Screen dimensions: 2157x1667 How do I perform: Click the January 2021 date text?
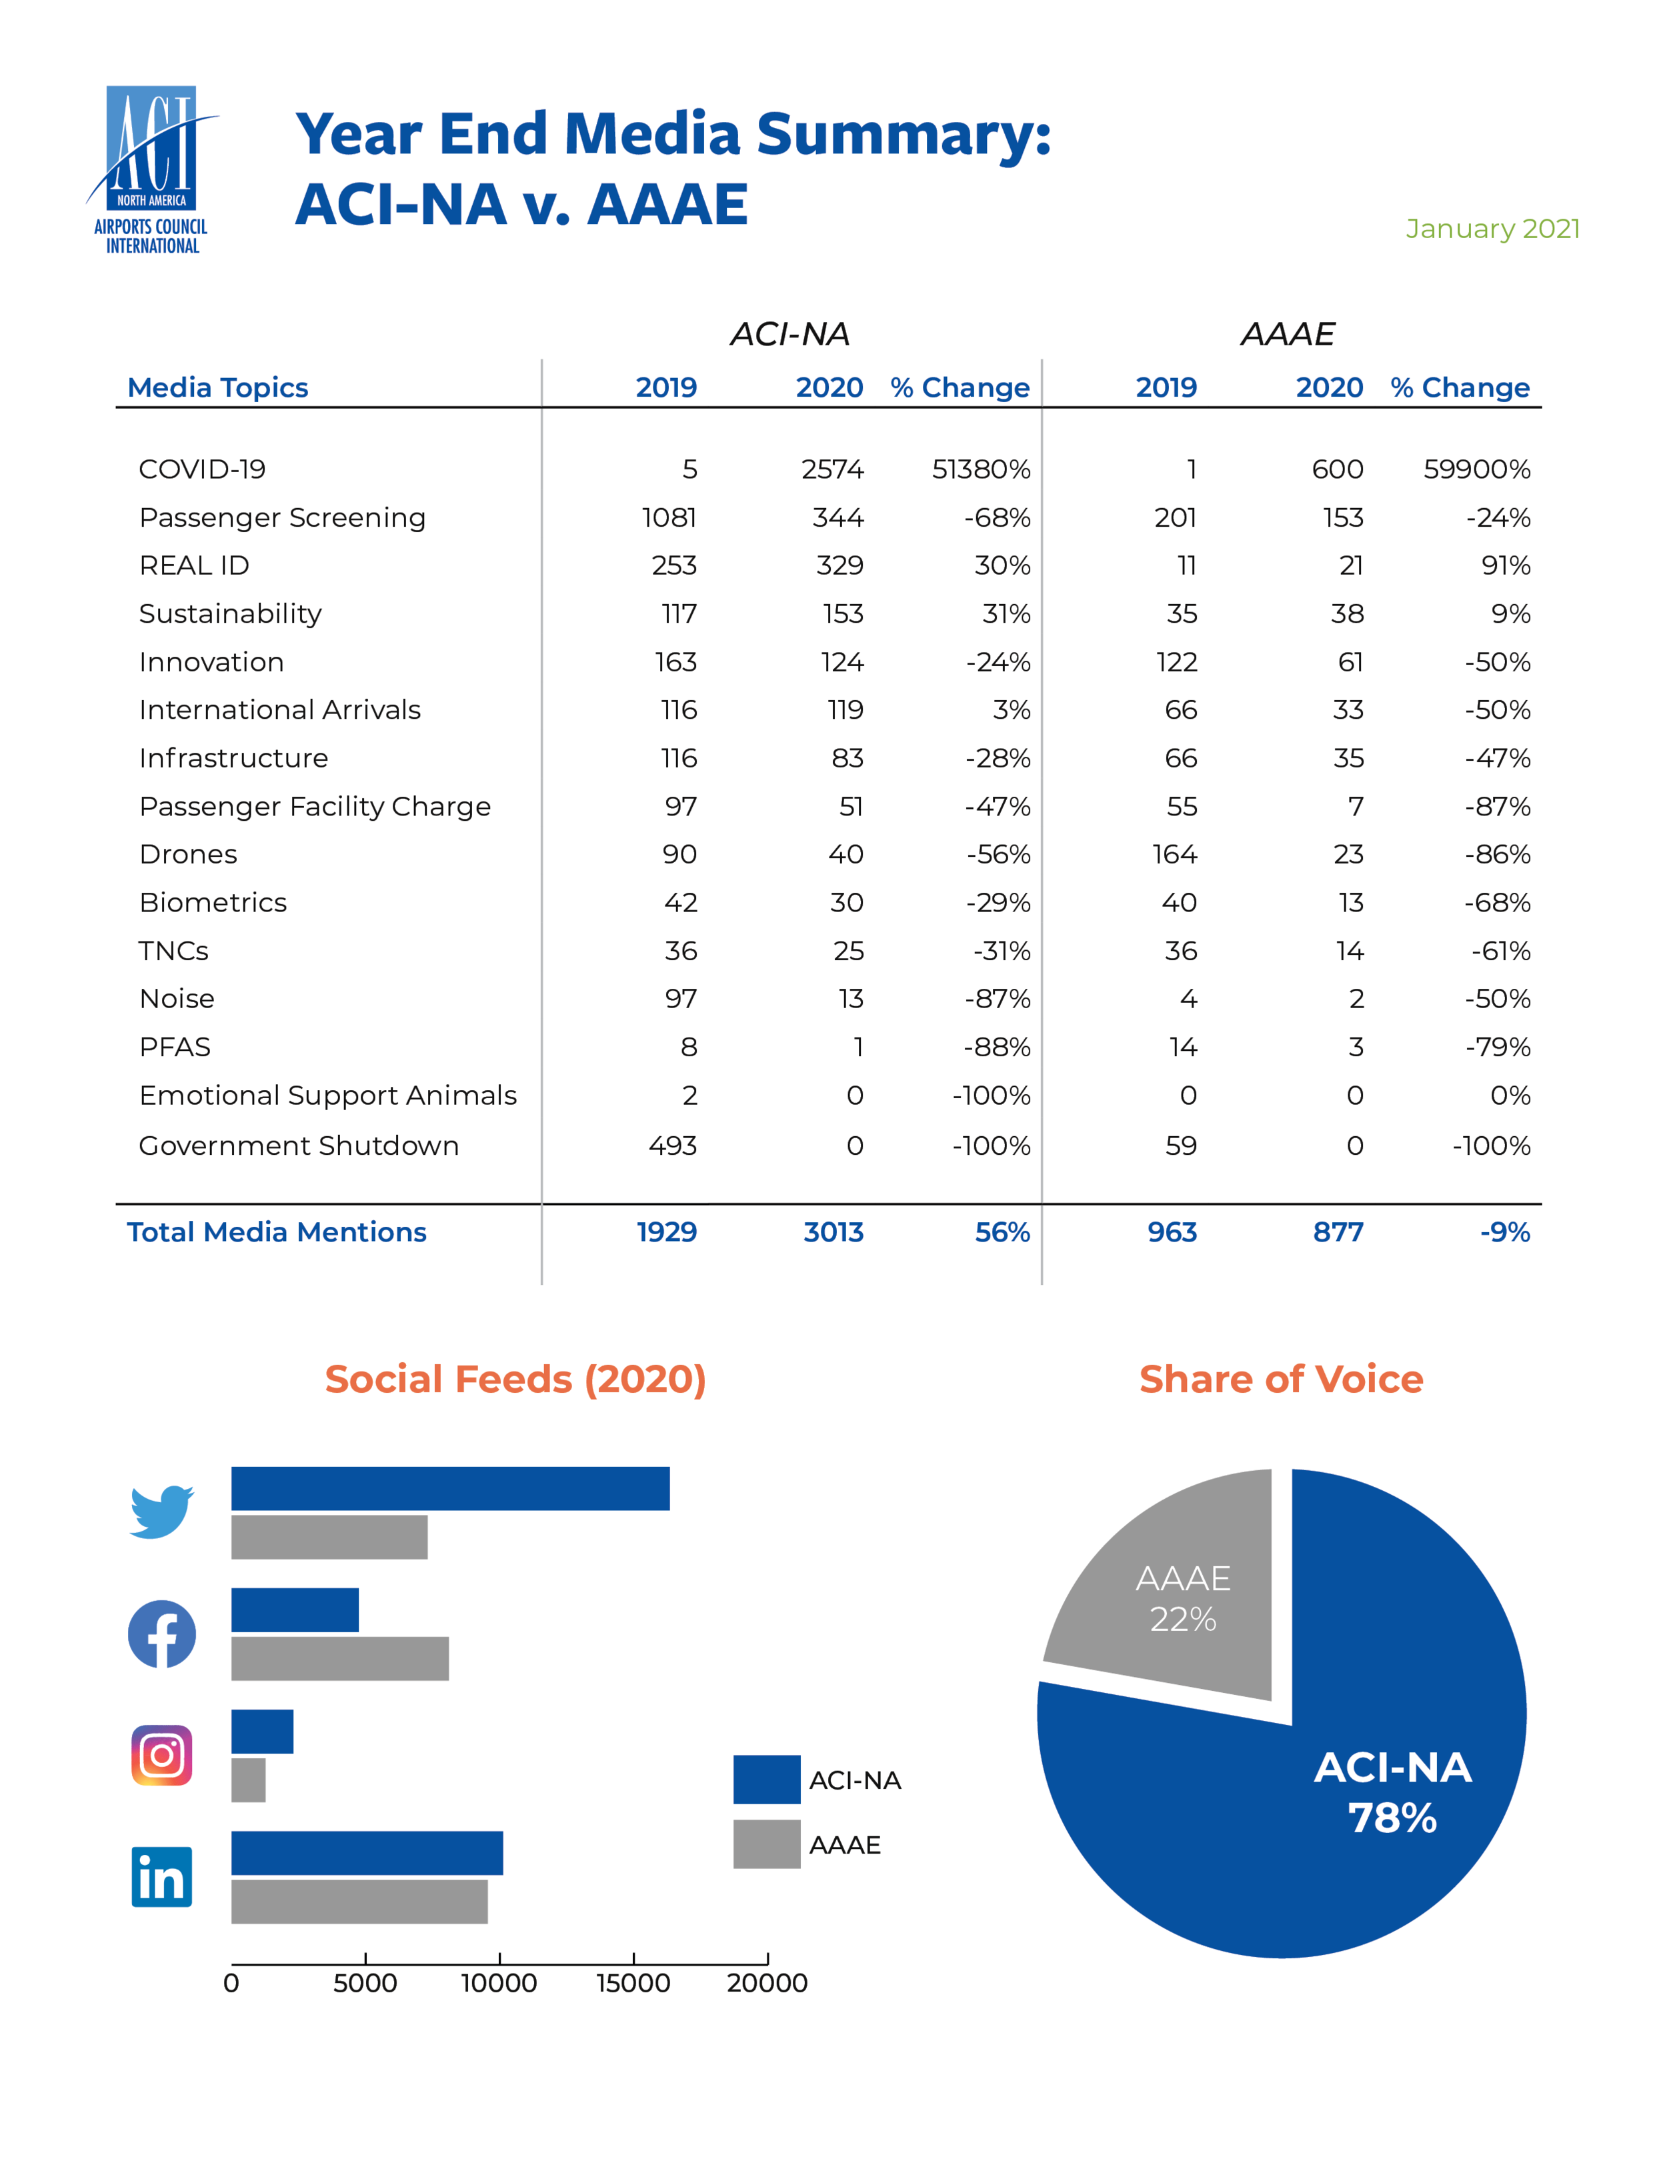point(1492,229)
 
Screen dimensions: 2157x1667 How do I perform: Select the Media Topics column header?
point(218,387)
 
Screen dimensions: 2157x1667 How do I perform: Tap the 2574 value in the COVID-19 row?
point(833,469)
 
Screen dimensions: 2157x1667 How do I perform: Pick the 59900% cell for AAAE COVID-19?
point(1476,469)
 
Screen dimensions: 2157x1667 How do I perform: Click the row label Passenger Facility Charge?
point(315,807)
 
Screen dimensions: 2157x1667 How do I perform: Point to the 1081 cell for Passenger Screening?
point(669,517)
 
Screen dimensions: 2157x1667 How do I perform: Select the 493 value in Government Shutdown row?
point(673,1146)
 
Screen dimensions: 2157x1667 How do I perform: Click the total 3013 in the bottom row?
point(833,1233)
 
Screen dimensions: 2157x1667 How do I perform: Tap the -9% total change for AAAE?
point(1504,1233)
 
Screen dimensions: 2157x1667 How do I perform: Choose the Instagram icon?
point(162,1755)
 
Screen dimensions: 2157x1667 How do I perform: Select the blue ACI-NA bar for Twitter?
point(450,1488)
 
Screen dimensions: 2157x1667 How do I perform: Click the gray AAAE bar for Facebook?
point(339,1658)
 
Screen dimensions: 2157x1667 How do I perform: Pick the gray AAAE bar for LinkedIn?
point(359,1901)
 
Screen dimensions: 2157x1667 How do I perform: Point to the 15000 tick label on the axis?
point(633,1983)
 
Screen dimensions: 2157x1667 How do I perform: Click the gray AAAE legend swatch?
point(766,1844)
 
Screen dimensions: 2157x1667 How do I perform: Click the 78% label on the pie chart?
point(1392,1818)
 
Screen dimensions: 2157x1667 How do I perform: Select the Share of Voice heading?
point(1281,1379)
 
